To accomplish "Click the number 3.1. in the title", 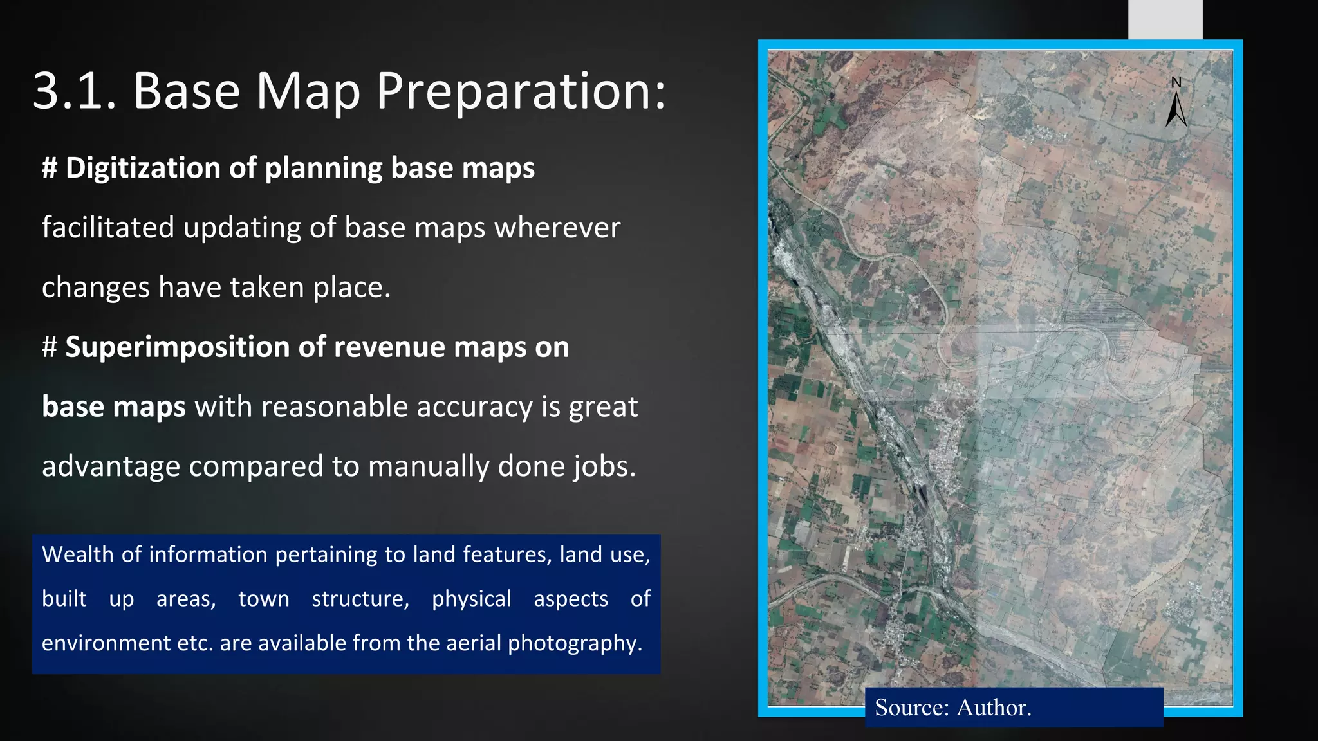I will click(73, 91).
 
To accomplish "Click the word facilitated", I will click(107, 228).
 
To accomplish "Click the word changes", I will click(95, 288).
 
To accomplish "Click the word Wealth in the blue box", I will click(77, 554).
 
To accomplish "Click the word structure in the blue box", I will click(360, 599).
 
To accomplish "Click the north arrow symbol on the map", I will click(1176, 109).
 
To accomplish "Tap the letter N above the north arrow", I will click(1176, 82).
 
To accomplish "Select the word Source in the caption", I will click(911, 708).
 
